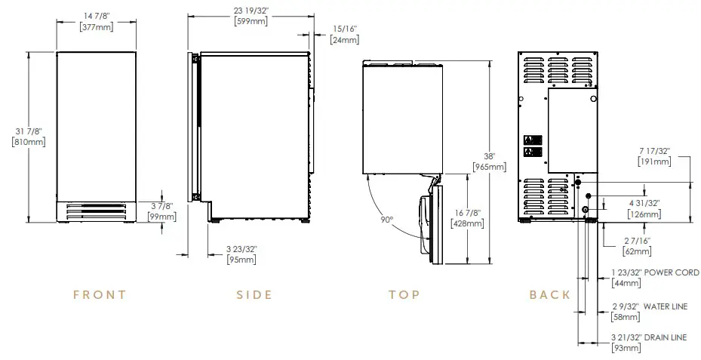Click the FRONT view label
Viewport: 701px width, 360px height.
[100, 295]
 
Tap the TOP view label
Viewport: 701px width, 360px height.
[404, 295]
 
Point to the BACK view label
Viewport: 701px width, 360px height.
[550, 295]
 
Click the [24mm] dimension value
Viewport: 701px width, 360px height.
[345, 40]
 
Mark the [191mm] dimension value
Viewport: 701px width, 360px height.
[653, 162]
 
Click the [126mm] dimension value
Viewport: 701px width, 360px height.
[644, 214]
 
